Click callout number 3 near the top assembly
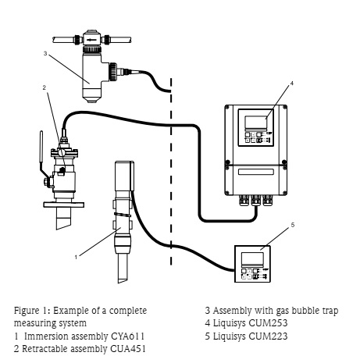coord(45,53)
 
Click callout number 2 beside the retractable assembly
coord(44,87)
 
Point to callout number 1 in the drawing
coord(76,258)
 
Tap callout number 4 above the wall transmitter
coord(292,84)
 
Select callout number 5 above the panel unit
coord(293,225)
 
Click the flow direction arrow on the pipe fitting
coord(91,40)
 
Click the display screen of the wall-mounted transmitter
coord(256,123)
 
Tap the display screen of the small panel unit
coord(252,258)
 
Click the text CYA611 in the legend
coord(127,336)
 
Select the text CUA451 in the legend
coord(128,349)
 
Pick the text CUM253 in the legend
coord(268,323)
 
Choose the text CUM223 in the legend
coord(268,336)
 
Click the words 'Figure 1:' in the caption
coord(32,311)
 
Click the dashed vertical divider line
coord(171,172)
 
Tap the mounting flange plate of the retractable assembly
coord(64,205)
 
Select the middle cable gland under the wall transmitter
coord(255,200)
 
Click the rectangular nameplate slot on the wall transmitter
coord(256,172)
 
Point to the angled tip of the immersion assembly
coord(123,280)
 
